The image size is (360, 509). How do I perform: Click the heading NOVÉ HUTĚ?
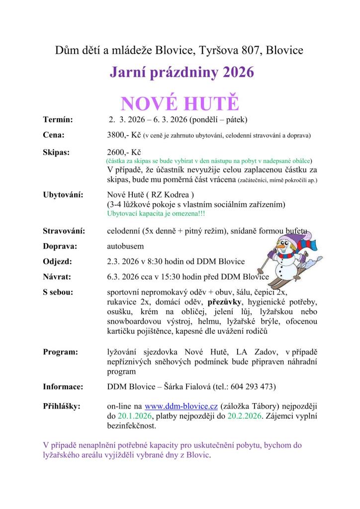(180, 104)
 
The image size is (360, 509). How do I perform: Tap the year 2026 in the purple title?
(239, 73)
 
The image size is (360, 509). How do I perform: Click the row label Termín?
(58, 119)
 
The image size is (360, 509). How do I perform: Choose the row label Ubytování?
(63, 194)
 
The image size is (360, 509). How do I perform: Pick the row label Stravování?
(64, 231)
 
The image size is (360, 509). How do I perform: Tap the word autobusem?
(125, 246)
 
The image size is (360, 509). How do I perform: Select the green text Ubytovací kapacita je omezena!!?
(156, 213)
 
